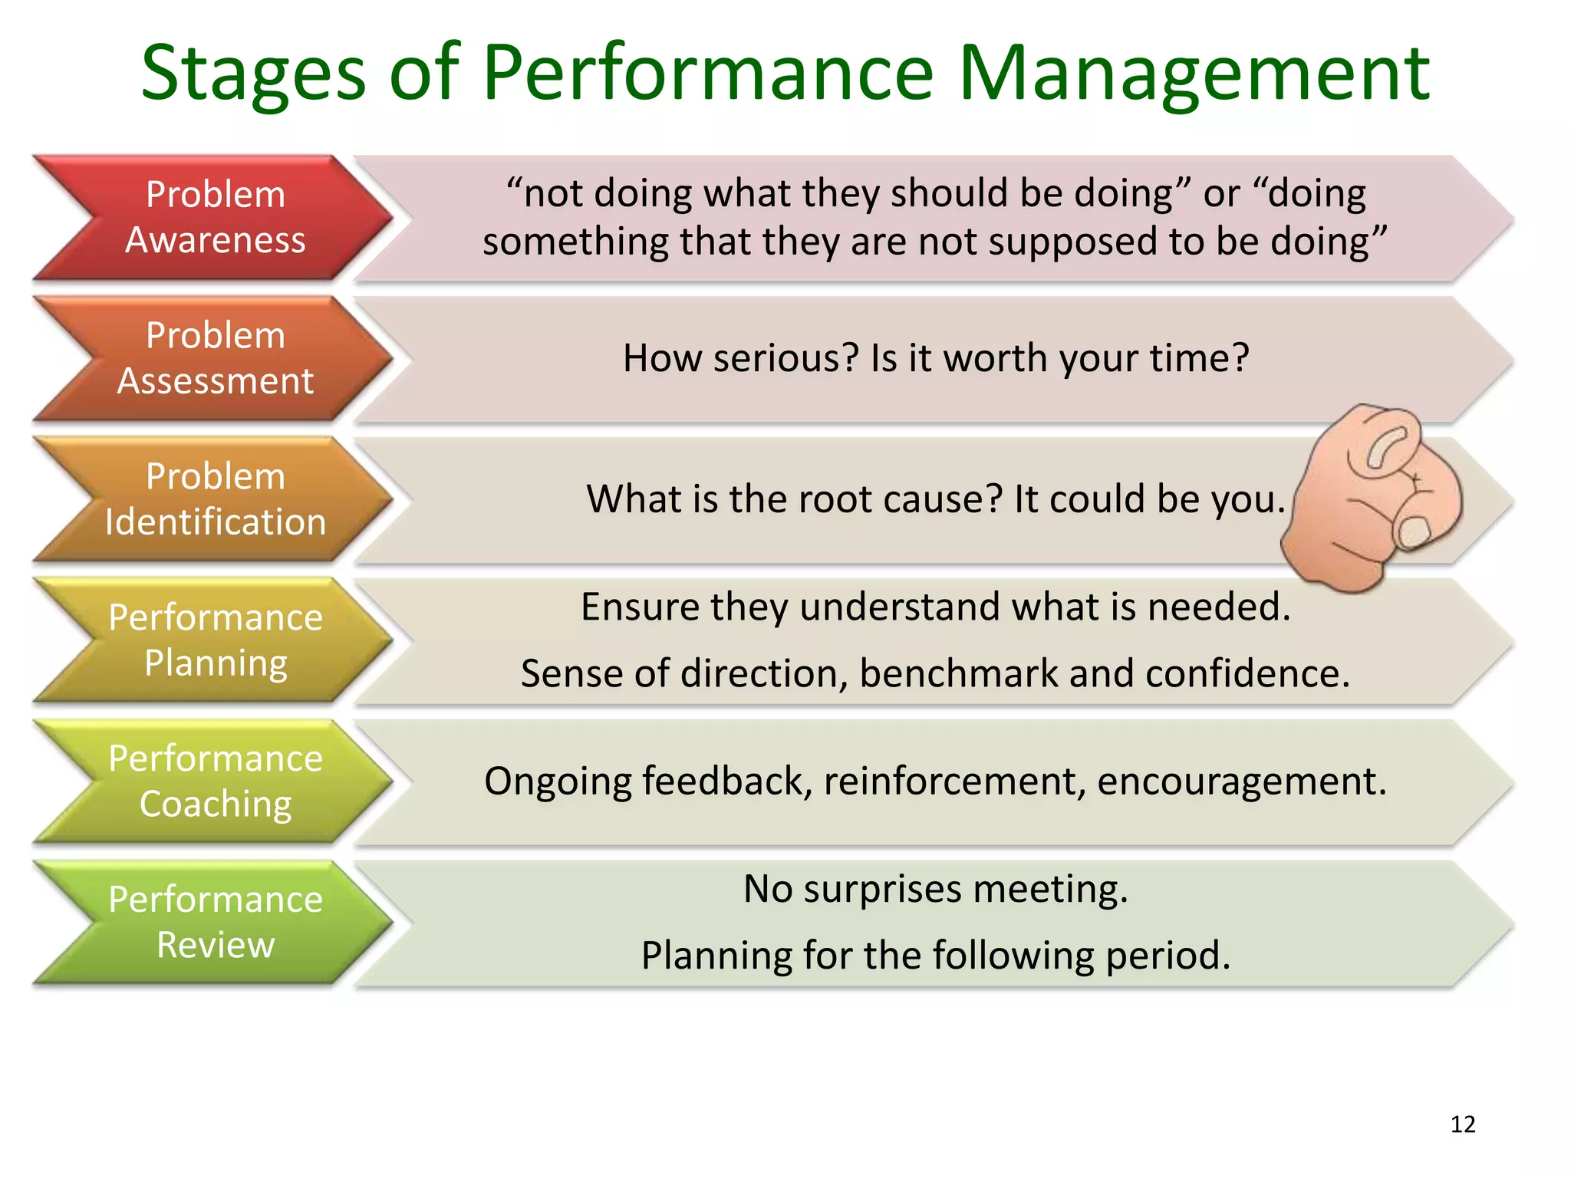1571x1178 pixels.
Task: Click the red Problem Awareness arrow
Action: pos(215,217)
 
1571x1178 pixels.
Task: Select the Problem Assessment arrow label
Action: pos(215,358)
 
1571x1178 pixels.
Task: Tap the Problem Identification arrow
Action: pos(215,499)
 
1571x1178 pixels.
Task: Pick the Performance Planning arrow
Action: pos(215,640)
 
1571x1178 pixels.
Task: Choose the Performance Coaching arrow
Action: pos(215,781)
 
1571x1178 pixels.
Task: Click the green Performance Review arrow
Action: pos(215,923)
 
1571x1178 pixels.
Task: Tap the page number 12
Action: pos(1463,1124)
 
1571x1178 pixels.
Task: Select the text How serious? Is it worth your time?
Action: pos(936,358)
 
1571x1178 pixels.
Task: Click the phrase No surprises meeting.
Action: pos(936,890)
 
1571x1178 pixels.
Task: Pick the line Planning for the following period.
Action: pos(936,956)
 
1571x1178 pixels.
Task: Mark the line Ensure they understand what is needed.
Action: pos(936,607)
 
